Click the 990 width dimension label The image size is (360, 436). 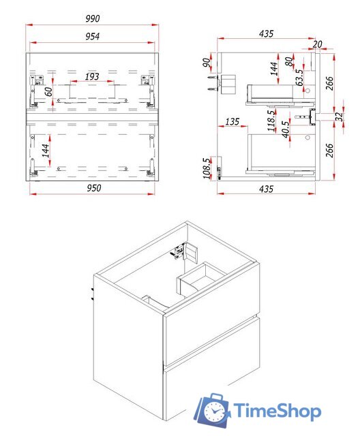93,18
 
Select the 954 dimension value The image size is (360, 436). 92,36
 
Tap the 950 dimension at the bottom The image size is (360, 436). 94,188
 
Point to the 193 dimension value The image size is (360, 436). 92,76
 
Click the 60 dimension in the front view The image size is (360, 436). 48,91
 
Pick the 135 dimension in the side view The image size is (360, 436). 232,121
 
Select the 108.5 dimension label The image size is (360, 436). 207,168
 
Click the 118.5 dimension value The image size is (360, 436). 271,121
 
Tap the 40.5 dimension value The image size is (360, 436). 286,129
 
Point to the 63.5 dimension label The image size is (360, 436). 299,77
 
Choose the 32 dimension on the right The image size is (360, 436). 339,116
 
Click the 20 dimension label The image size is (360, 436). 317,44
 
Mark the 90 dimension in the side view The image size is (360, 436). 206,63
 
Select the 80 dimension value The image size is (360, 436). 289,61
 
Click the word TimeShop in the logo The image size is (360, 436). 277,411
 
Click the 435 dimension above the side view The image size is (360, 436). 266,33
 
